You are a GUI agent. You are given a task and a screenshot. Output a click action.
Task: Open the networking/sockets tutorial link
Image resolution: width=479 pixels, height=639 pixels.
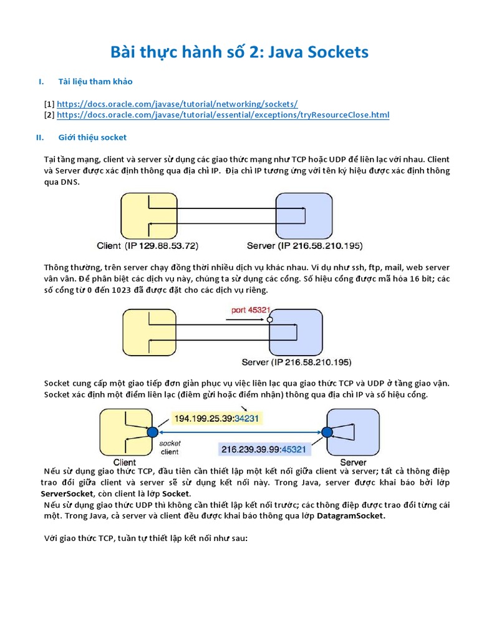(x=177, y=104)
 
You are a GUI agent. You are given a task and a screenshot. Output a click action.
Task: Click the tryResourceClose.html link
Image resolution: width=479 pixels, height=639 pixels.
(x=223, y=115)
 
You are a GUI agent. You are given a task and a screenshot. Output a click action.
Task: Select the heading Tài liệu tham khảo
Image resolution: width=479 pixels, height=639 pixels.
(x=95, y=82)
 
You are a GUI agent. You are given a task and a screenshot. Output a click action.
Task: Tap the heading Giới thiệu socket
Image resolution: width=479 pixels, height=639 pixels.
(x=92, y=137)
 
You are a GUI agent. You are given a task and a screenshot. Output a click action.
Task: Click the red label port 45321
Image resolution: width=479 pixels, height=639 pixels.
(x=250, y=309)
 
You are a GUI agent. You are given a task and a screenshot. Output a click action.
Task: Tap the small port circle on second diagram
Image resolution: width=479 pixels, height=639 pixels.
(x=269, y=320)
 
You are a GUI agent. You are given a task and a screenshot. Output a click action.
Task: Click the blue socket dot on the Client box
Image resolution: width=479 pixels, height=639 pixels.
(x=152, y=432)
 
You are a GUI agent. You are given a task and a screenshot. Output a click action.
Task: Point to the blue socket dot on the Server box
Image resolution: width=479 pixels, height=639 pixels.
(x=325, y=432)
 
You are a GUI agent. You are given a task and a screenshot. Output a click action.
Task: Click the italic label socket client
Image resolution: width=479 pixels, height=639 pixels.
(x=170, y=447)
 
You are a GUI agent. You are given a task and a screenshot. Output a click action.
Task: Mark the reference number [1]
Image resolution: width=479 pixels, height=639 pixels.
(x=49, y=104)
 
